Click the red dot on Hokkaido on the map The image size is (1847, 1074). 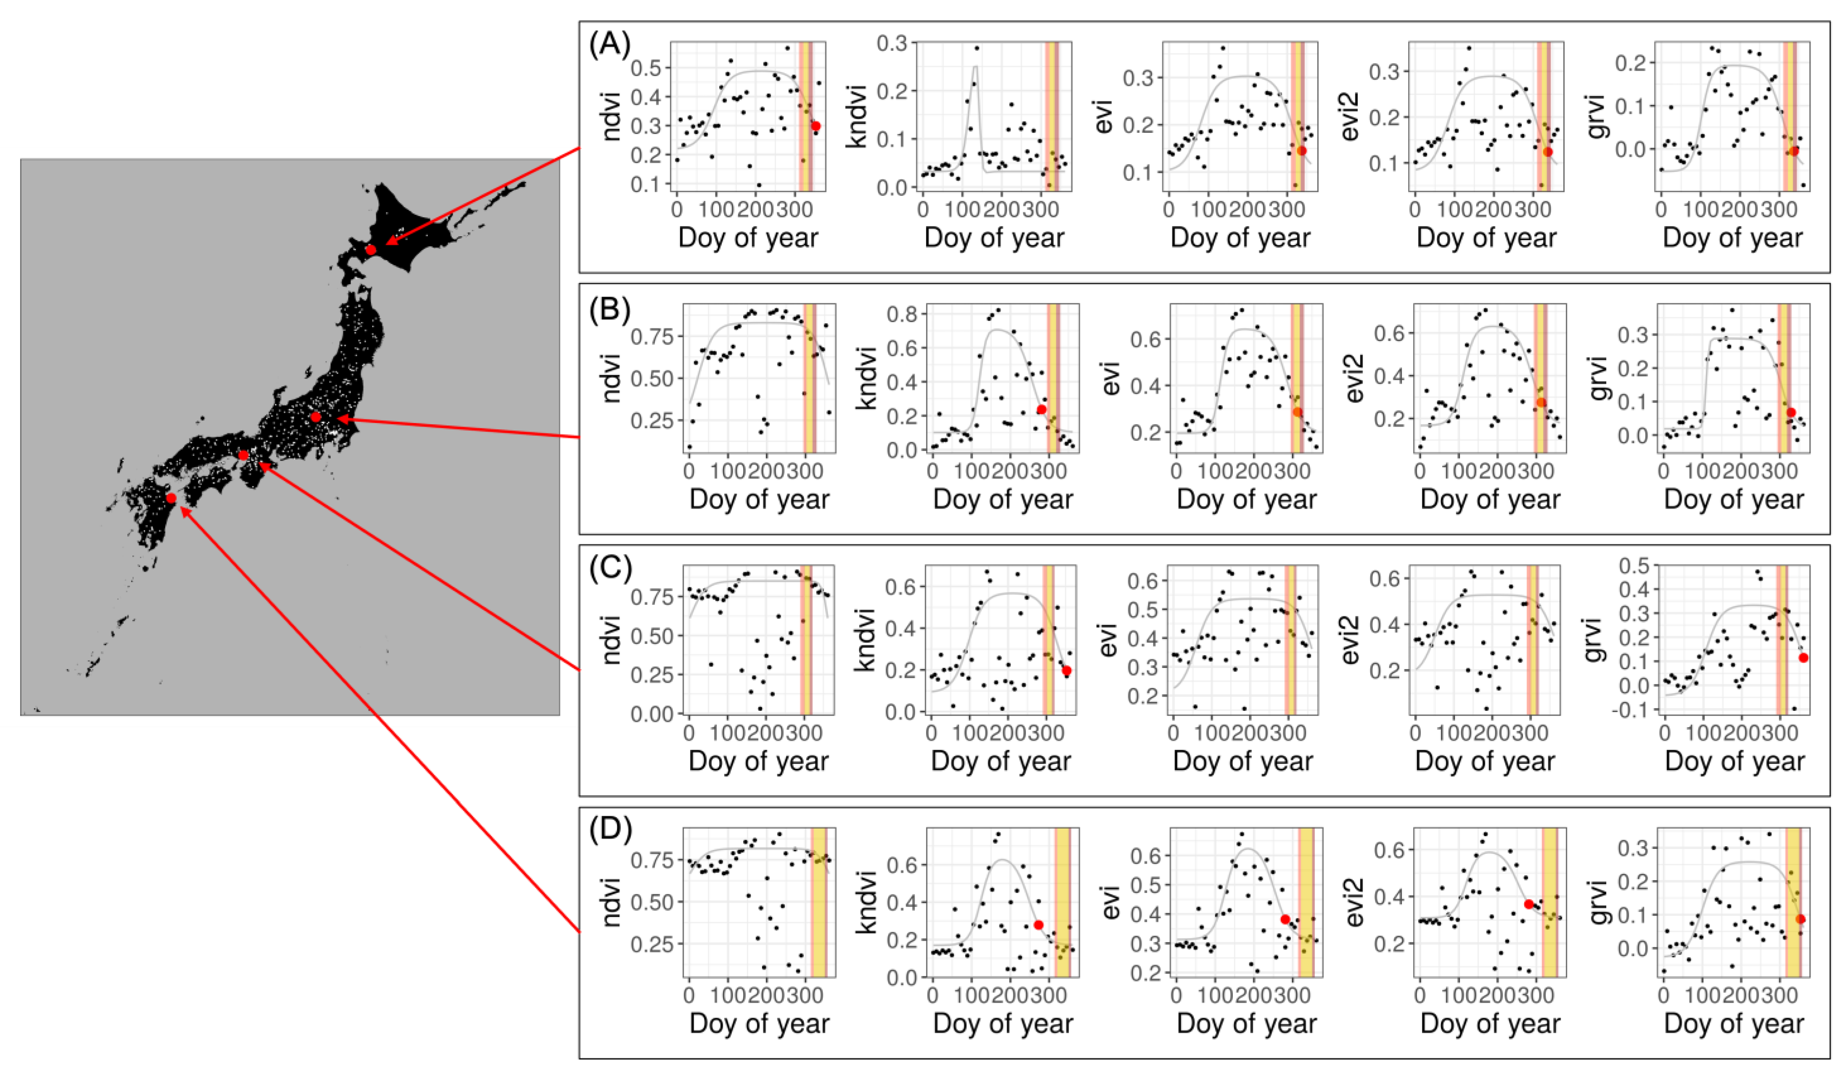pyautogui.click(x=371, y=250)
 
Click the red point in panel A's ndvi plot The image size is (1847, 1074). pyautogui.click(x=816, y=126)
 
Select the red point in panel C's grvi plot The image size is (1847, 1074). pyautogui.click(x=1803, y=657)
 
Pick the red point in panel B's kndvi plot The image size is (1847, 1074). pyautogui.click(x=1041, y=409)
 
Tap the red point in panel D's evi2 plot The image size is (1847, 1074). pyautogui.click(x=1528, y=904)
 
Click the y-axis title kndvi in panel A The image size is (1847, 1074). pyautogui.click(x=858, y=116)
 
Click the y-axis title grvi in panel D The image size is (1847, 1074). pyautogui.click(x=1600, y=902)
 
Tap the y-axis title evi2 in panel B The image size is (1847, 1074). pyautogui.click(x=1356, y=377)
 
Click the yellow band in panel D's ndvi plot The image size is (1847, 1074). pyautogui.click(x=818, y=902)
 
